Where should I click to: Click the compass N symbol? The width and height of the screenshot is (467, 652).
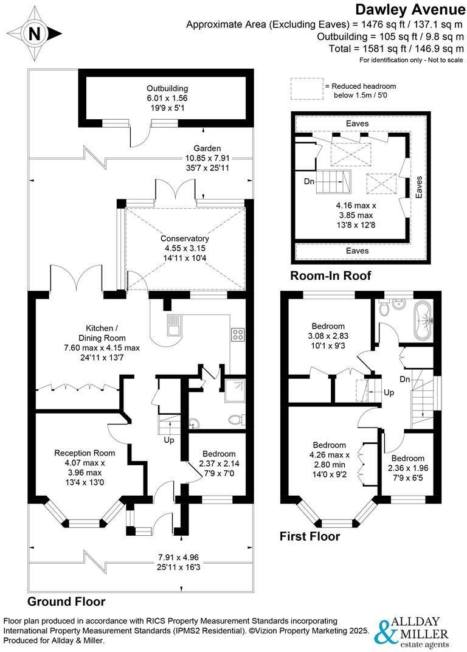35,33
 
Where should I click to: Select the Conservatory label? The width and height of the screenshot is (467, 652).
185,238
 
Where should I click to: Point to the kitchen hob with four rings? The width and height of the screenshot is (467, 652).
237,334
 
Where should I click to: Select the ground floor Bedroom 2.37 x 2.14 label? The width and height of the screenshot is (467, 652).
219,454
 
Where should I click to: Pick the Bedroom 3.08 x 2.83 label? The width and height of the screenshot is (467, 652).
328,326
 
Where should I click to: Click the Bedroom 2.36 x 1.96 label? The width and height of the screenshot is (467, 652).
407,458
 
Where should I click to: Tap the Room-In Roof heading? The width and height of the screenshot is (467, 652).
331,276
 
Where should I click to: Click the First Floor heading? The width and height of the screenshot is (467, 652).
310,536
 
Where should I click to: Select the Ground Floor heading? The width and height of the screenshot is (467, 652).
66,602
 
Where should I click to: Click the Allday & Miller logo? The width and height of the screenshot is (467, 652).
413,633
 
